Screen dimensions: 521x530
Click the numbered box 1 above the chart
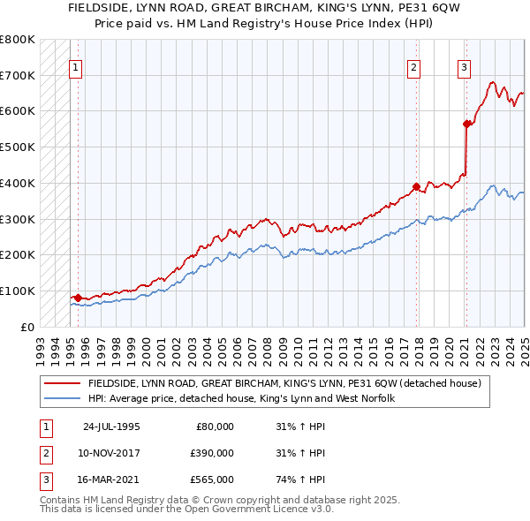click(x=75, y=66)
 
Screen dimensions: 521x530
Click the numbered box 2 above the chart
click(x=413, y=66)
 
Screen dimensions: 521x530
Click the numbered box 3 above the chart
click(x=464, y=66)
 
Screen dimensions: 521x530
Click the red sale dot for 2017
click(x=416, y=186)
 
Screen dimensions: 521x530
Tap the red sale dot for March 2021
click(x=466, y=124)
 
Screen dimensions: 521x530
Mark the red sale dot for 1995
click(x=78, y=298)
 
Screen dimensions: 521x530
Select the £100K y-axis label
click(x=18, y=291)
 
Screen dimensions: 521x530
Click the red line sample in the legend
click(x=62, y=383)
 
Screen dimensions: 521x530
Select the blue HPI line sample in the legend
click(x=62, y=398)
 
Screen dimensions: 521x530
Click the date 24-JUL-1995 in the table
click(x=111, y=427)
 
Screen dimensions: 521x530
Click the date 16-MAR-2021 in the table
click(x=111, y=479)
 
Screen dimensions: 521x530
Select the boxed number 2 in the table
click(x=44, y=453)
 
